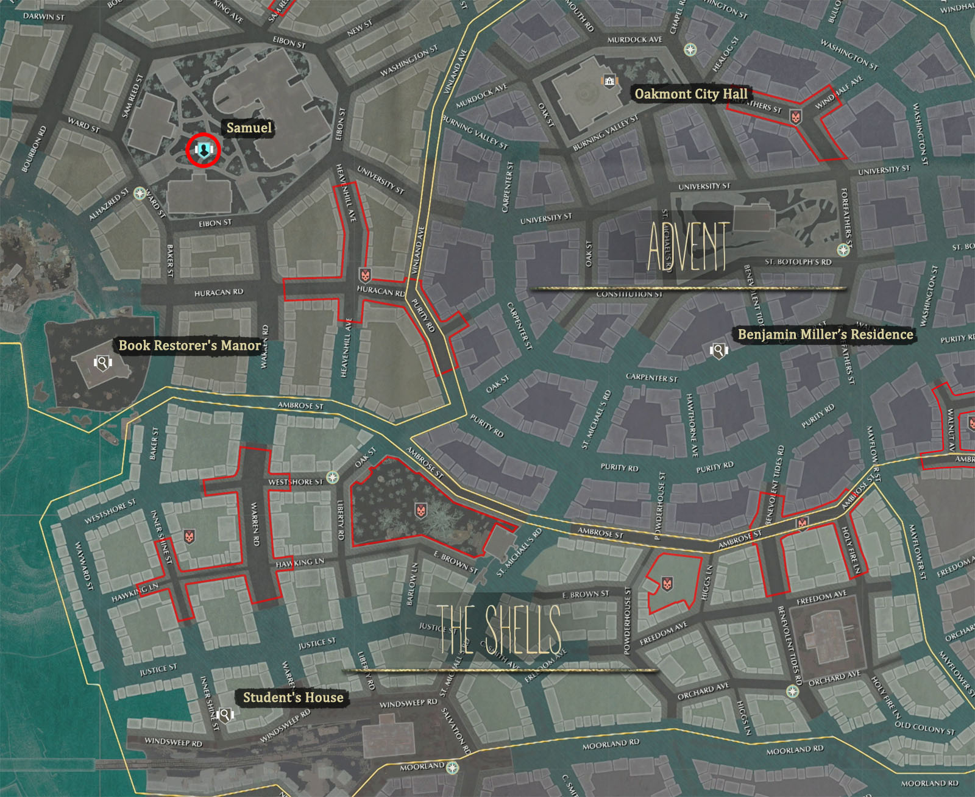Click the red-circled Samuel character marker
pos(203,149)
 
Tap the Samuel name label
pos(249,128)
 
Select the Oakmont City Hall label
pos(690,94)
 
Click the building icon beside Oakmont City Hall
pos(609,81)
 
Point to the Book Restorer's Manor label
pos(190,345)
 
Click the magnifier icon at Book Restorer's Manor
pos(103,363)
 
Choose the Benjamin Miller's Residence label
pos(825,334)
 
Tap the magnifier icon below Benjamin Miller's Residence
pos(718,350)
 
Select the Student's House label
pos(293,697)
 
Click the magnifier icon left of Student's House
pos(225,714)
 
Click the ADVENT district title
pos(688,247)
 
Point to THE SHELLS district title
pos(498,630)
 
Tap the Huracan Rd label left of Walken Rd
pos(218,293)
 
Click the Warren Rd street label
pos(256,523)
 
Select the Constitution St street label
pos(629,294)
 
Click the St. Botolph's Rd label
pos(798,262)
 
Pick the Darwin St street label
pos(43,16)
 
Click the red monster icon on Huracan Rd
pos(365,275)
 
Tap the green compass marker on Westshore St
pos(332,477)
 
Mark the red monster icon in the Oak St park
pos(420,510)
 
